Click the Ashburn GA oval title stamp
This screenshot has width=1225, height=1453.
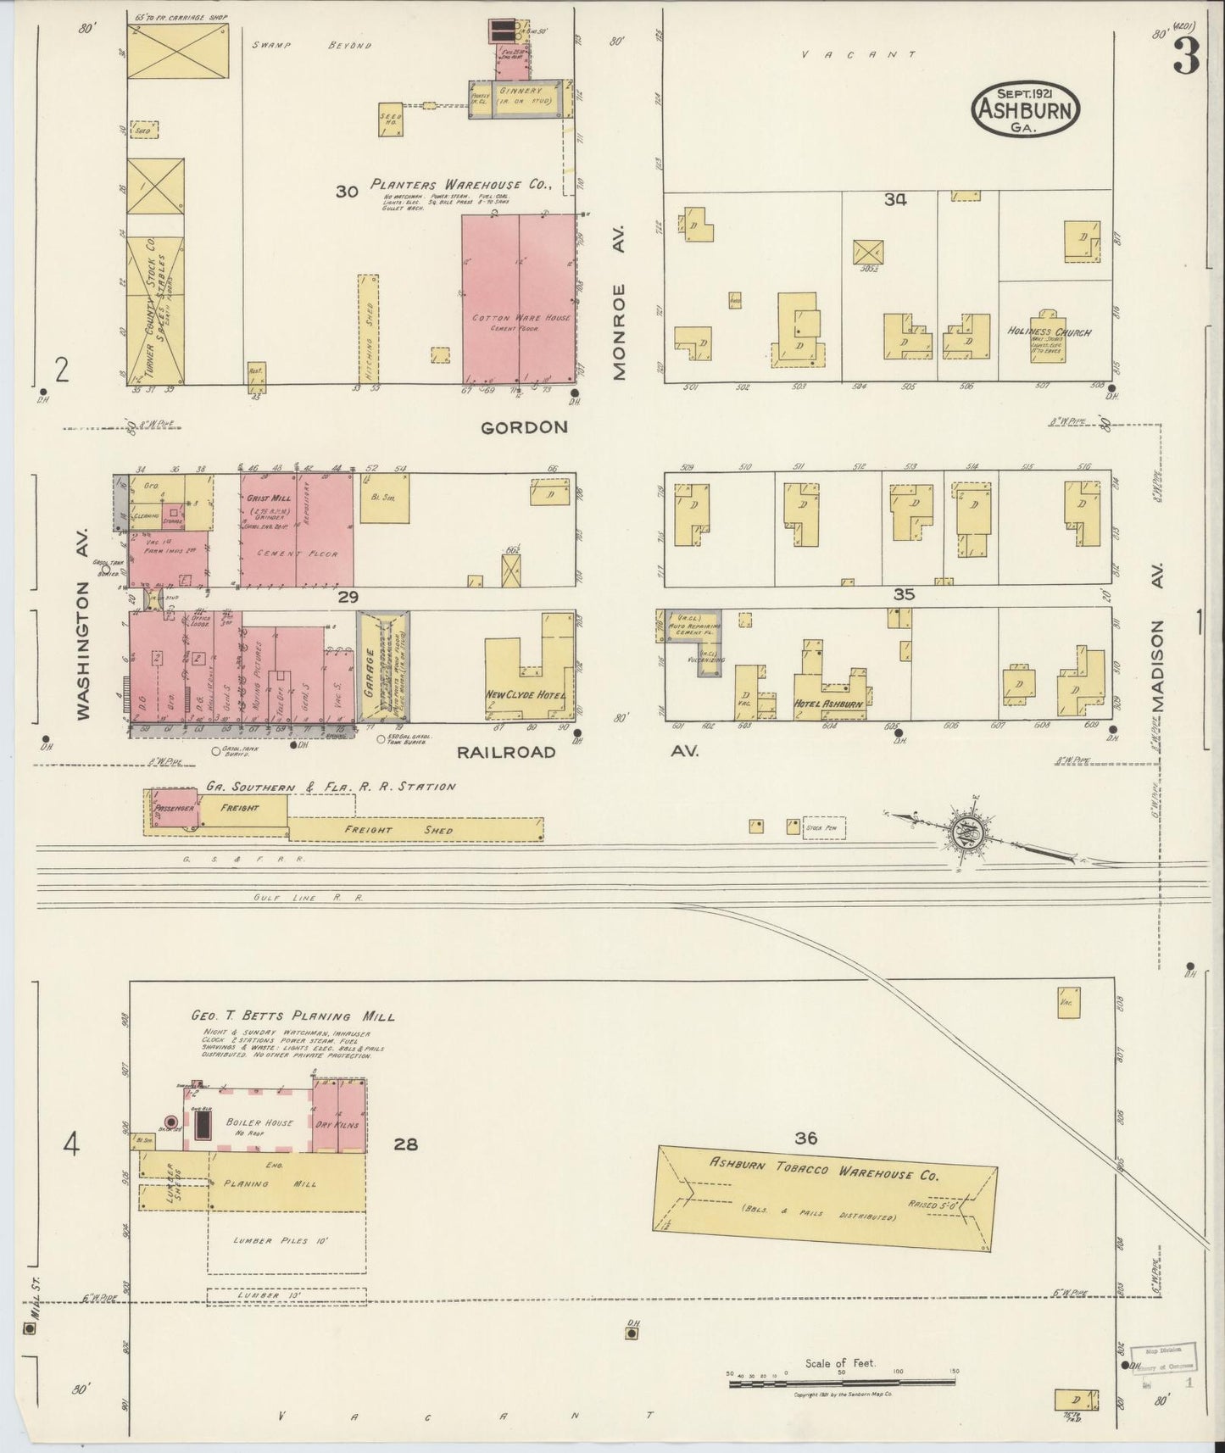(x=1025, y=109)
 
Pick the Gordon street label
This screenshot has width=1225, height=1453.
(x=524, y=428)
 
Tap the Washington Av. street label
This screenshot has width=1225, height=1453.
(x=84, y=650)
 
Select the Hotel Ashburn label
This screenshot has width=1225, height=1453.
(x=828, y=704)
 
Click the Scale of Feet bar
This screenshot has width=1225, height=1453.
(x=842, y=1384)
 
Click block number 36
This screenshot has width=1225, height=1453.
(x=806, y=1138)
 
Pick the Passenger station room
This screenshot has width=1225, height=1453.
(x=175, y=808)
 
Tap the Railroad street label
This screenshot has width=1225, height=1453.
(x=506, y=752)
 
